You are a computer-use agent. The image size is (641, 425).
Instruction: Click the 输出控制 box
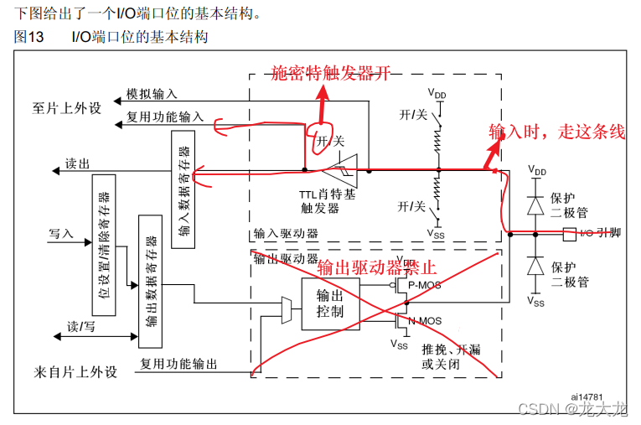pyautogui.click(x=328, y=303)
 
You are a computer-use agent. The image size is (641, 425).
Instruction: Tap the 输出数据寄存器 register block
pyautogui.click(x=151, y=279)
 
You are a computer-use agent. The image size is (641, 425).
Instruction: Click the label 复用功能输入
pyautogui.click(x=164, y=117)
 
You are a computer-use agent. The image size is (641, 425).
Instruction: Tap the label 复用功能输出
pyautogui.click(x=178, y=364)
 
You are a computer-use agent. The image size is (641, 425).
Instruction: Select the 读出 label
pyautogui.click(x=77, y=165)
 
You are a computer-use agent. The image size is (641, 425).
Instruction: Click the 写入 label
pyautogui.click(x=61, y=233)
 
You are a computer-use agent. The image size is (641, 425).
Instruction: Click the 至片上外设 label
pyautogui.click(x=66, y=108)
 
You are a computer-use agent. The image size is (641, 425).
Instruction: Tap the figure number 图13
pyautogui.click(x=30, y=38)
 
